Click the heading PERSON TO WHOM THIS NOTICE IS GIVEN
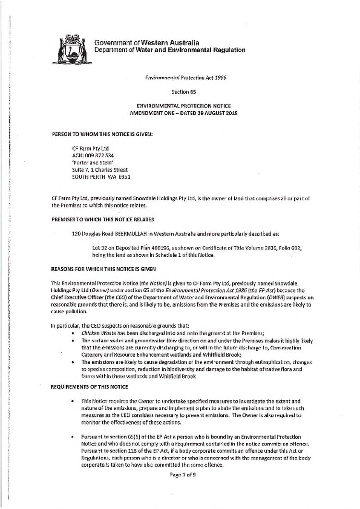click(x=102, y=134)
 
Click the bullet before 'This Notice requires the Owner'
click(x=72, y=400)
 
